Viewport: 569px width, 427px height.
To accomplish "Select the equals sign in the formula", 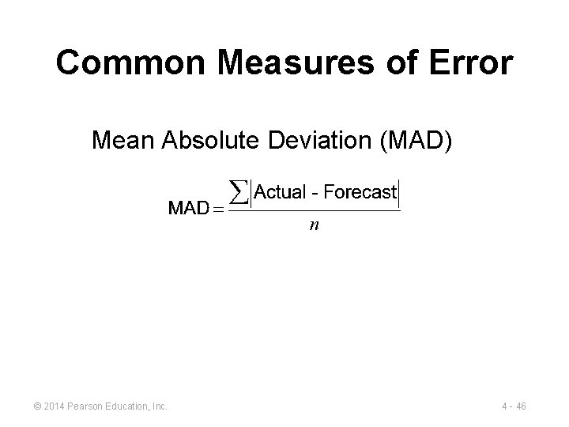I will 218,210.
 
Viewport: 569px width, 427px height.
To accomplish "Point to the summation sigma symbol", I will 238,192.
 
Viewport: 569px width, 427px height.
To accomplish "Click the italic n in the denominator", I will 314,226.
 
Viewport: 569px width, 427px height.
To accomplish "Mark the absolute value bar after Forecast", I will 400,193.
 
